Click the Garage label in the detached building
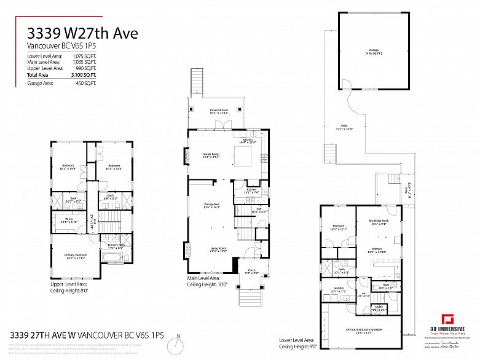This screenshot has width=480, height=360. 373,50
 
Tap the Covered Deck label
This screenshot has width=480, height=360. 219,111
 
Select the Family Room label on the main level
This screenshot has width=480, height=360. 211,155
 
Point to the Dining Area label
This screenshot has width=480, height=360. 212,206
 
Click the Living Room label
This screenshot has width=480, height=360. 218,249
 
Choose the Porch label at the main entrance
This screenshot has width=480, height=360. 251,271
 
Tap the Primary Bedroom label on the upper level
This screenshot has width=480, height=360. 73,256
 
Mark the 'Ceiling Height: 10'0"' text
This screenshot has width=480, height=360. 207,284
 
